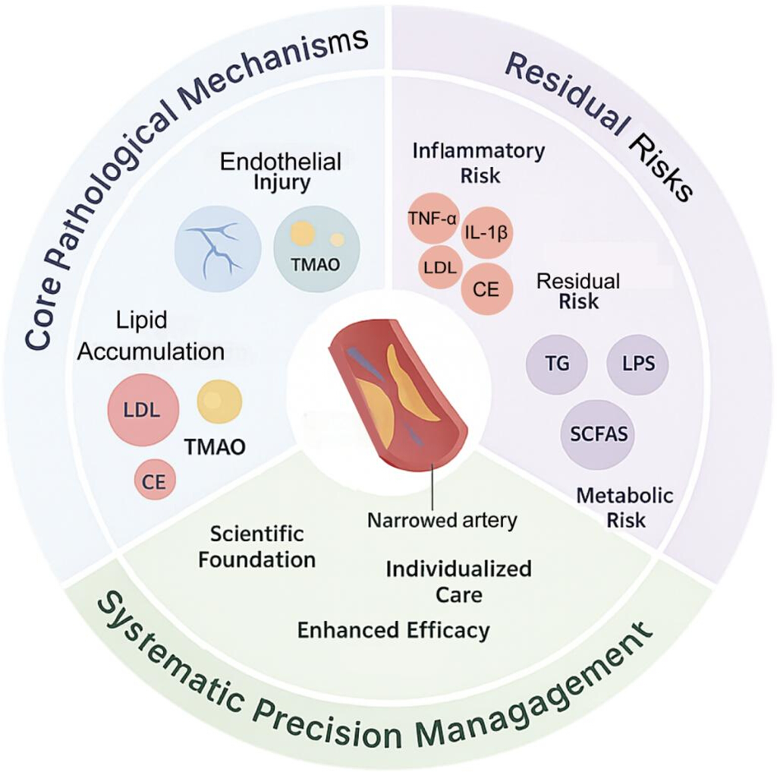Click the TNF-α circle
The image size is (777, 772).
click(433, 219)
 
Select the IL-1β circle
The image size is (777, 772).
click(486, 232)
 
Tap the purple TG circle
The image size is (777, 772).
click(557, 364)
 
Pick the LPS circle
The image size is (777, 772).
click(637, 364)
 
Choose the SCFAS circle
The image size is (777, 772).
click(598, 434)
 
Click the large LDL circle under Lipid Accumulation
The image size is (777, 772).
click(143, 410)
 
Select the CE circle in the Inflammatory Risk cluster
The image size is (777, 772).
click(486, 289)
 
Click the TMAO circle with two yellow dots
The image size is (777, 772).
click(316, 249)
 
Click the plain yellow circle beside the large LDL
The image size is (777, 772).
click(219, 401)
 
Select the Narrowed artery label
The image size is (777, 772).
click(442, 520)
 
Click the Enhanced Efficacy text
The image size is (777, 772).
click(394, 630)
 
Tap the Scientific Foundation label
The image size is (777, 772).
click(256, 547)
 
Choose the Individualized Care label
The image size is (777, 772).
click(459, 581)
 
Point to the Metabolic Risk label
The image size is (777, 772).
click(625, 507)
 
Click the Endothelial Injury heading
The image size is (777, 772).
click(281, 172)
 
